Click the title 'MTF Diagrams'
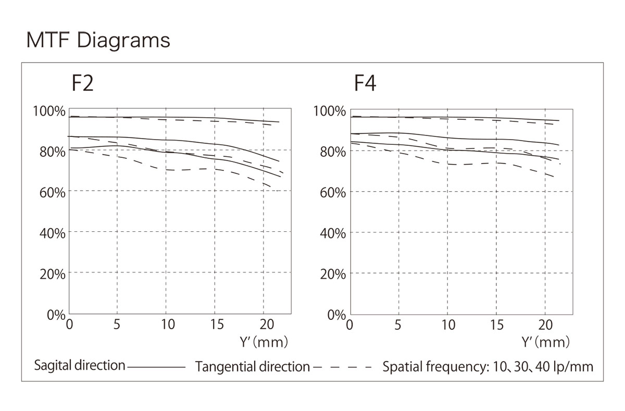pyautogui.click(x=98, y=40)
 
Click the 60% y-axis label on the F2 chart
pyautogui.click(x=52, y=192)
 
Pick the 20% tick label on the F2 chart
pyautogui.click(x=52, y=273)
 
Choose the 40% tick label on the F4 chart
pyautogui.click(x=332, y=233)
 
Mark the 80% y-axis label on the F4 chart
pyautogui.click(x=332, y=152)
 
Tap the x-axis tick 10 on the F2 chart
pyautogui.click(x=167, y=325)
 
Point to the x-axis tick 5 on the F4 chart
pyautogui.click(x=398, y=325)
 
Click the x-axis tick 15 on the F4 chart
pyautogui.click(x=497, y=325)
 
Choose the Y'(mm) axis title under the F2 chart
pyautogui.click(x=264, y=342)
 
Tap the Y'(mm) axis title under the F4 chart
pyautogui.click(x=545, y=342)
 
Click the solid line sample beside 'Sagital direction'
pyautogui.click(x=156, y=367)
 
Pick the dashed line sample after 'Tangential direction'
pyautogui.click(x=343, y=367)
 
